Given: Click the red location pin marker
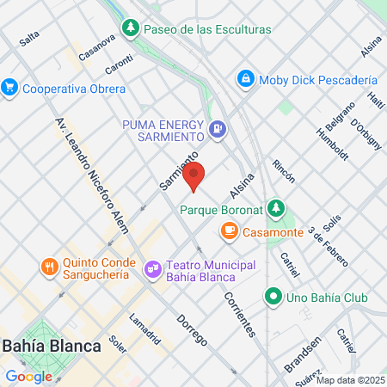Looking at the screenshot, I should [194, 175].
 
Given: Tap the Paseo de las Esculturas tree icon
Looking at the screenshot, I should [130, 28].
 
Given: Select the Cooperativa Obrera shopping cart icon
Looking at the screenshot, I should [10, 88].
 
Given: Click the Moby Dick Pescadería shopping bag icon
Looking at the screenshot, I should [246, 79].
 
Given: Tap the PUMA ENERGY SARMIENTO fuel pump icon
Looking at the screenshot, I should [218, 130].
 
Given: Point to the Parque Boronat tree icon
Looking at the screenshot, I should [275, 208].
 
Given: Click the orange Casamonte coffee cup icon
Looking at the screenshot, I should [229, 230].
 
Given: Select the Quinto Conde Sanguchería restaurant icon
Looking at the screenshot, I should [49, 267].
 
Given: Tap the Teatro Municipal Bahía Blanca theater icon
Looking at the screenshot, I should [153, 270].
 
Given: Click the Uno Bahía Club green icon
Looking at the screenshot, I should [273, 298].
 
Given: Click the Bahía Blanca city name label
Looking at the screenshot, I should [52, 346].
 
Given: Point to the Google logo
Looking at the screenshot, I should [28, 376].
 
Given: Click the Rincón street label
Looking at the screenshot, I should [283, 171].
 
